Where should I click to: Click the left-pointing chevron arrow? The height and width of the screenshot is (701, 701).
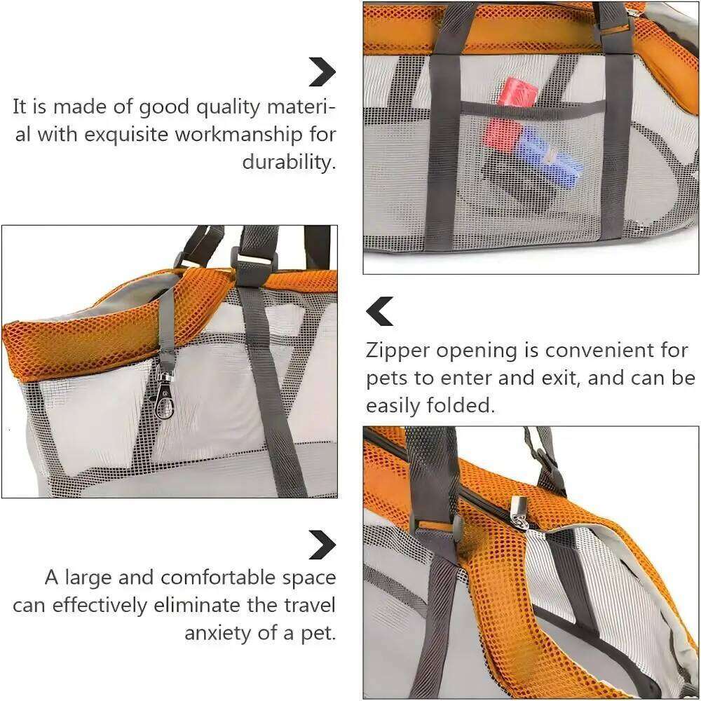click(x=381, y=311)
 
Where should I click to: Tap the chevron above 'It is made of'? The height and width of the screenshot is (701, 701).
click(x=322, y=71)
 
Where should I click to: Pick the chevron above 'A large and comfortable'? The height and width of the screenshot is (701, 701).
click(x=322, y=545)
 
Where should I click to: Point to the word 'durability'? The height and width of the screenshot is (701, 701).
click(x=289, y=162)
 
